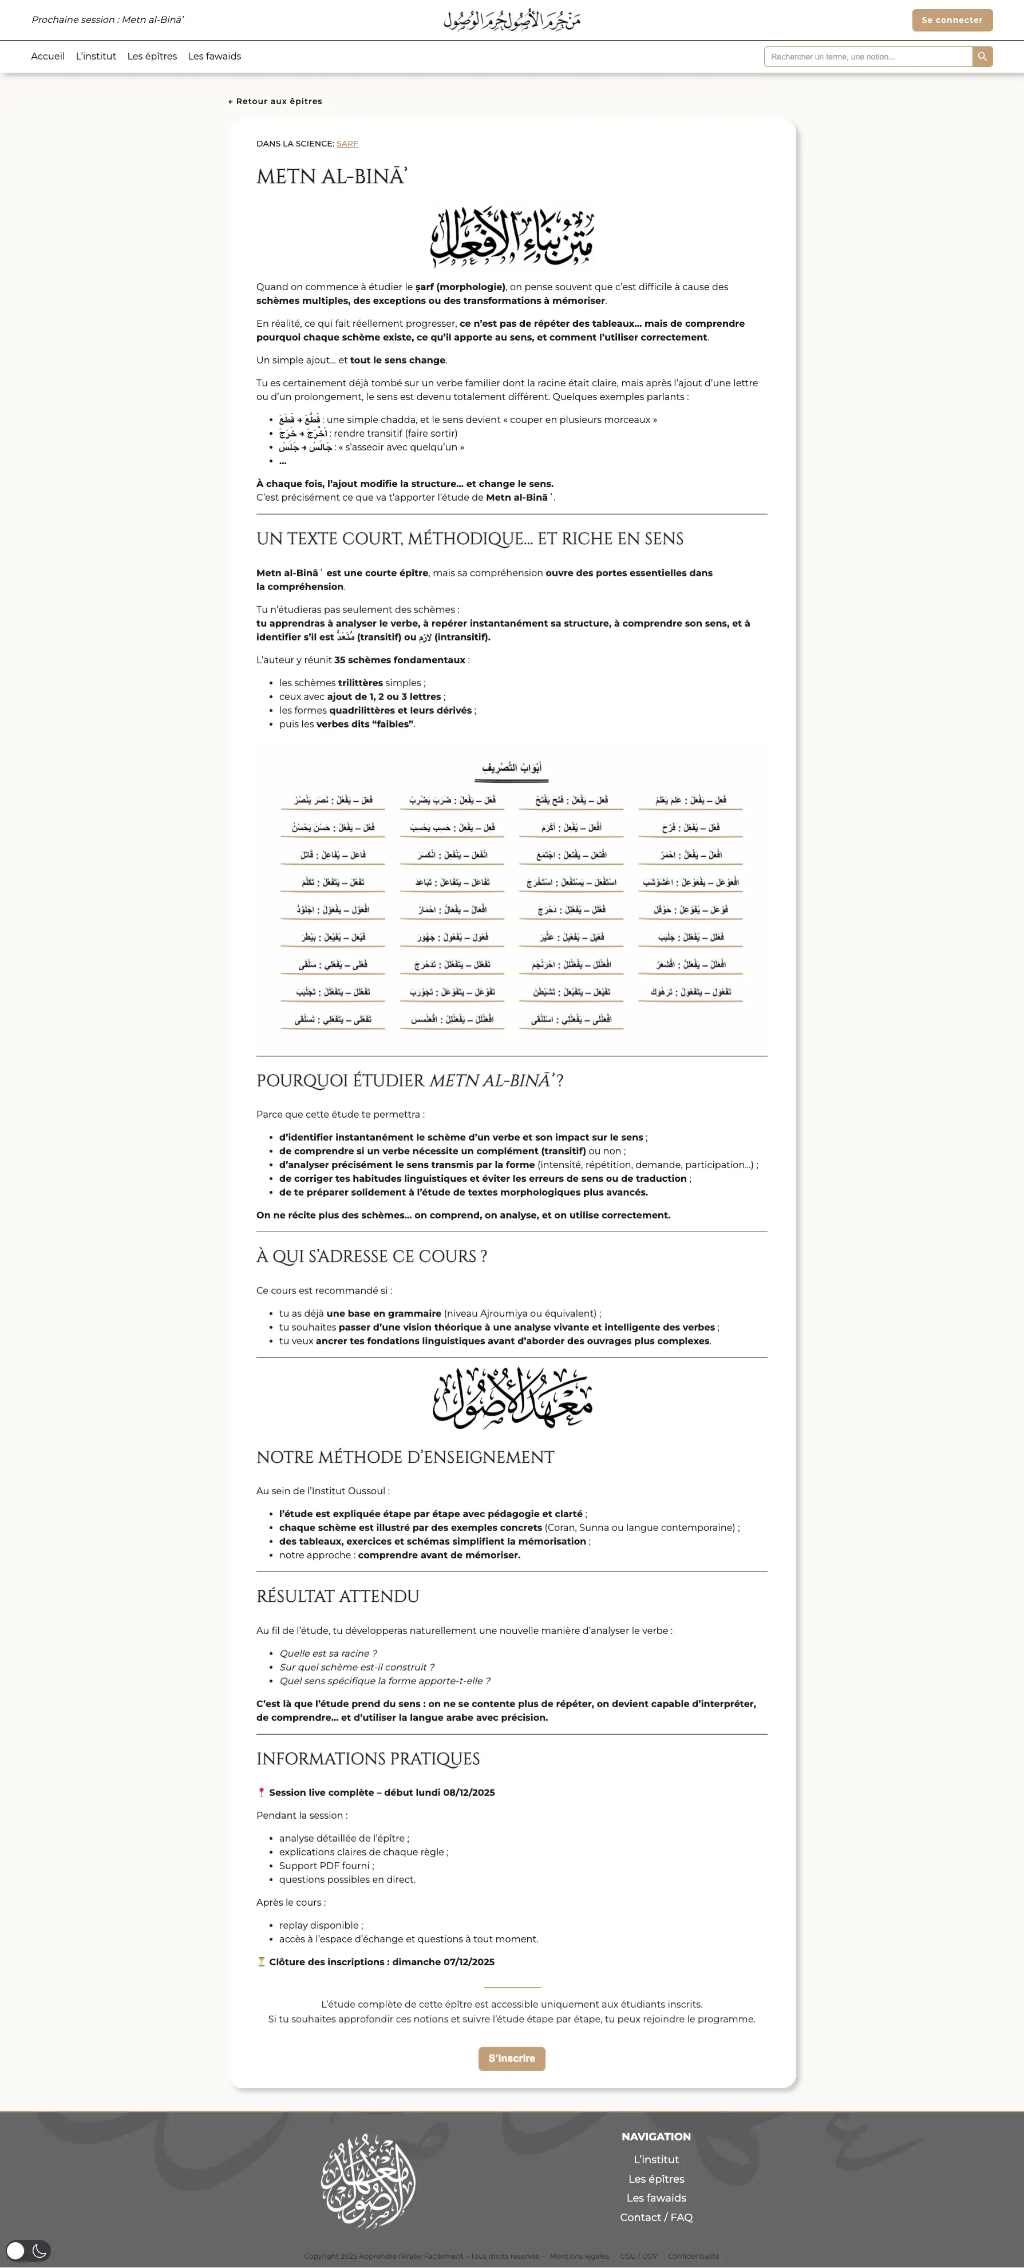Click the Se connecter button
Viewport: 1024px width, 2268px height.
point(952,20)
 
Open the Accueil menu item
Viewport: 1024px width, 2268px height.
point(48,56)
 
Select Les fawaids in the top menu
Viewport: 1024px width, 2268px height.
point(214,56)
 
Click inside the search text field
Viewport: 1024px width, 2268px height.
point(867,56)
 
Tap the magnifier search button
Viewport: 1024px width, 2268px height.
point(983,56)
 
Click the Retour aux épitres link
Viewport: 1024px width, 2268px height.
point(275,101)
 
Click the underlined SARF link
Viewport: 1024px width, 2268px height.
point(347,144)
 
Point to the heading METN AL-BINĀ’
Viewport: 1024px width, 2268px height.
point(331,177)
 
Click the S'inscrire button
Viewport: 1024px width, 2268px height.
point(512,2059)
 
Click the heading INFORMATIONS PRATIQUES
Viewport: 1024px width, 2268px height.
point(368,1759)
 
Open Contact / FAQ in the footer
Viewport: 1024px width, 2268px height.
point(656,2217)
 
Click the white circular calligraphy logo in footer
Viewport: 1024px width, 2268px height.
point(368,2180)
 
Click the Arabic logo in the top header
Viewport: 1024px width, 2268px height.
point(512,20)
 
